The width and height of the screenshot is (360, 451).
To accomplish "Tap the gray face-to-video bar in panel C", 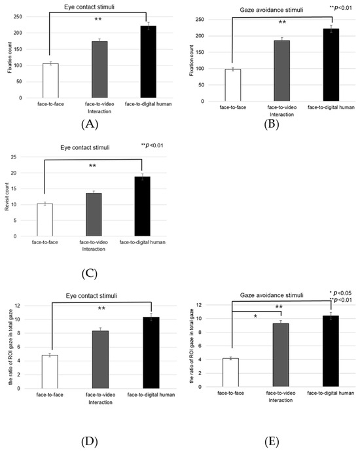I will tap(94, 214).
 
